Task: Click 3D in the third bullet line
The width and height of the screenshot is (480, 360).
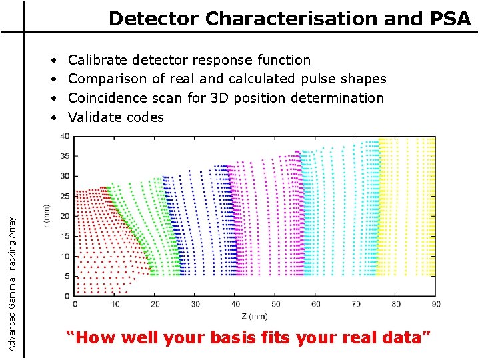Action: click(220, 98)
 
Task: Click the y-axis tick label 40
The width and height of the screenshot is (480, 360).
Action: click(65, 137)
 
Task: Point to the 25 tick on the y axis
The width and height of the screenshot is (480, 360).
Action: click(65, 196)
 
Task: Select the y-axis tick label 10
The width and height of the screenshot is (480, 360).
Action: click(65, 256)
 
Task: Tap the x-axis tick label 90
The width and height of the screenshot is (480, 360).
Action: click(435, 304)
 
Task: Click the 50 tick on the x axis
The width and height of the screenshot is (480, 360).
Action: click(275, 304)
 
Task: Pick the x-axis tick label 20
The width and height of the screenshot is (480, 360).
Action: click(155, 304)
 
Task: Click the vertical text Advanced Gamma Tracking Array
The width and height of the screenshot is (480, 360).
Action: click(12, 277)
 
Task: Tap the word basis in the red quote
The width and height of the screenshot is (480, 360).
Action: click(235, 337)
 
